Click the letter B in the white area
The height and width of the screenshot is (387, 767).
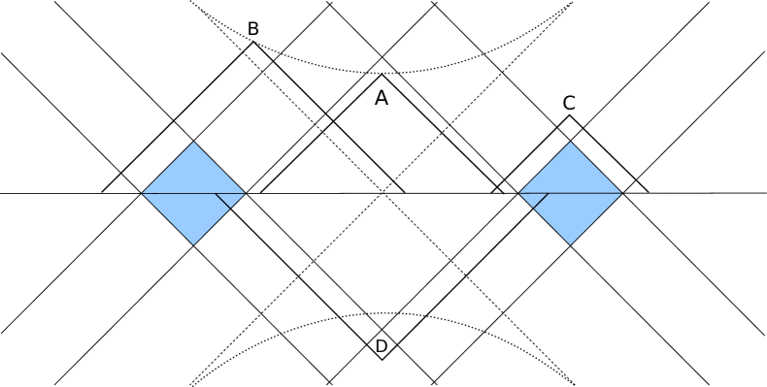coord(253,30)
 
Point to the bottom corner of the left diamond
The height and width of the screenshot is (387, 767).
coord(194,243)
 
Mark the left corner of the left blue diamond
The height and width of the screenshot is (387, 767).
coord(144,193)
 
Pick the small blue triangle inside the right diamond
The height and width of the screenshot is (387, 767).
coord(532,198)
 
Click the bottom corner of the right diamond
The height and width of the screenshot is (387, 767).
coord(571,243)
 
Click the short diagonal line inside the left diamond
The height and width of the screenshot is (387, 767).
coord(222,201)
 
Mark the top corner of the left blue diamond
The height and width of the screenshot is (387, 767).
coord(194,142)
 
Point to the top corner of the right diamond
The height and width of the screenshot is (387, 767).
coord(571,142)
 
